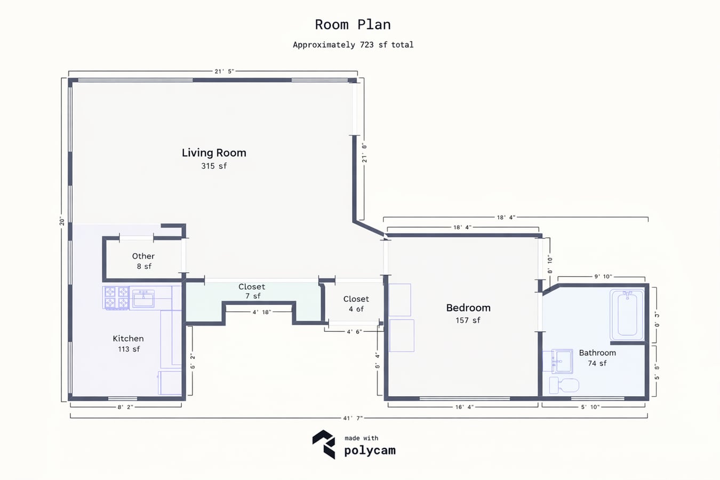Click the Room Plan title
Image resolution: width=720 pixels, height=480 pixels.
coord(353,25)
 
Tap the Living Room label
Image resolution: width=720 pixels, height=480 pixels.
coord(214,153)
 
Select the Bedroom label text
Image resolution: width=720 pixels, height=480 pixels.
coord(468,308)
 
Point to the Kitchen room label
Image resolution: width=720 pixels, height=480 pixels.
coord(128,339)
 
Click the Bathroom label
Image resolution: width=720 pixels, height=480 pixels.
coord(597,353)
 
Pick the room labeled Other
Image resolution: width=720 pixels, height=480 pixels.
coord(143,256)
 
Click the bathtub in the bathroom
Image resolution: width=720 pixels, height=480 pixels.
coord(627,315)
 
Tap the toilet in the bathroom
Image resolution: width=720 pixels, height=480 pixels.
coord(564,385)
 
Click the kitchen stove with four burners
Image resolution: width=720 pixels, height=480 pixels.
coord(116,298)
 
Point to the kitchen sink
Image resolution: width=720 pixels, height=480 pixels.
coord(143,299)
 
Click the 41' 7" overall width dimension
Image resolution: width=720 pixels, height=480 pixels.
coord(353,418)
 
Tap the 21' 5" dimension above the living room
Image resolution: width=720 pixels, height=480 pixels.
coord(225,71)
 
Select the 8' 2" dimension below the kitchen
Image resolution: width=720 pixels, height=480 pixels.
coord(125,407)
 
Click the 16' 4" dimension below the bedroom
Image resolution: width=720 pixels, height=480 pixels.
coord(465,407)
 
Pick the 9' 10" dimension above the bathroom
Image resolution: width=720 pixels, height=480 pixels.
coord(603,276)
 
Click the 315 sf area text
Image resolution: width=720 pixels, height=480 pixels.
coord(214,166)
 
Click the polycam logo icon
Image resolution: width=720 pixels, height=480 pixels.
coord(324,444)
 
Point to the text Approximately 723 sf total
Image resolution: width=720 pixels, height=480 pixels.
coord(353,45)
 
